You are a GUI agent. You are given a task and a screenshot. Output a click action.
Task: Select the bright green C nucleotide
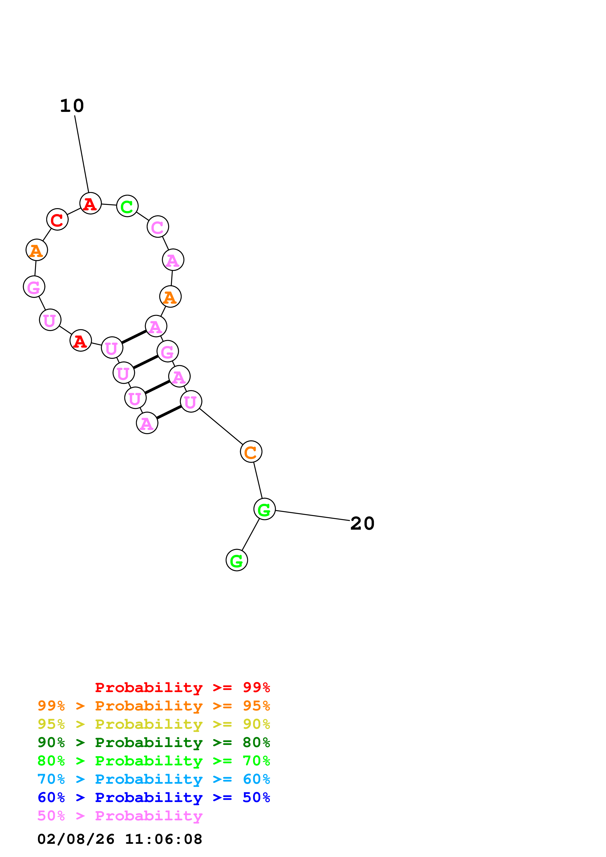pyautogui.click(x=127, y=206)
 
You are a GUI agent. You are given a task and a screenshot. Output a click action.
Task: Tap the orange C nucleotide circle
pyautogui.click(x=251, y=452)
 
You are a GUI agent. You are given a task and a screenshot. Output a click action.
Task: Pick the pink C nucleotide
pyautogui.click(x=158, y=226)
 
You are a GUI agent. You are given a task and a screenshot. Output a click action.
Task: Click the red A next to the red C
pyautogui.click(x=90, y=204)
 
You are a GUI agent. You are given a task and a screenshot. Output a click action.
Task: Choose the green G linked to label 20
pyautogui.click(x=264, y=509)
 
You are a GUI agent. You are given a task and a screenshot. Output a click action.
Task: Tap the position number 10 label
pyautogui.click(x=72, y=106)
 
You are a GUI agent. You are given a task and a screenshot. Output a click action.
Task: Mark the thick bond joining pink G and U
pyautogui.click(x=146, y=362)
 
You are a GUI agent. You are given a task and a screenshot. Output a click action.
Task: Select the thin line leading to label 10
pyautogui.click(x=82, y=154)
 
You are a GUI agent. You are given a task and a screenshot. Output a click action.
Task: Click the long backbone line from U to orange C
pyautogui.click(x=221, y=427)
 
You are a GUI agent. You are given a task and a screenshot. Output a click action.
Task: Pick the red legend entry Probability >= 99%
pyautogui.click(x=182, y=687)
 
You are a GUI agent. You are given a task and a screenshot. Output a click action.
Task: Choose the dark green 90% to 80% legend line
pyautogui.click(x=154, y=743)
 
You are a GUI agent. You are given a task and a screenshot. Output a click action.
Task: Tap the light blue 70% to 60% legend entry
pyautogui.click(x=154, y=779)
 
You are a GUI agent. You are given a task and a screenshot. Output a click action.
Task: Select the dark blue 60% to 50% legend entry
pyautogui.click(x=154, y=798)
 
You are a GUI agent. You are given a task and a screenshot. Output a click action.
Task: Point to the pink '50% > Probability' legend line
pyautogui.click(x=120, y=816)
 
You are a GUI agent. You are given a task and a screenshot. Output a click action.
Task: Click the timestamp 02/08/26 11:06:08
pyautogui.click(x=120, y=839)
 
